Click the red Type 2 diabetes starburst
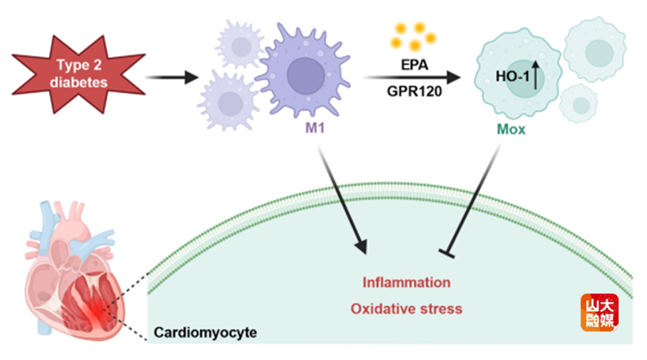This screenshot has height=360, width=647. (x=78, y=74)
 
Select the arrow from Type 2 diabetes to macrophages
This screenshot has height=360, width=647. (x=172, y=77)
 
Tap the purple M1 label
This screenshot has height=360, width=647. (x=315, y=128)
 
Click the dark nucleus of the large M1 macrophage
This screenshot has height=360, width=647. (x=306, y=76)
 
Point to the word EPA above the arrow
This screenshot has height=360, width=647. (x=414, y=64)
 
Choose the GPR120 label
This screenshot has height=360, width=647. (x=414, y=92)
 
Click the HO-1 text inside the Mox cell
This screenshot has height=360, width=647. (x=512, y=76)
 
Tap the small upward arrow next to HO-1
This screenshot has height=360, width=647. (x=535, y=75)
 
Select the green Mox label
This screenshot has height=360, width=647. (x=511, y=129)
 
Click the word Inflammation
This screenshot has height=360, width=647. (x=406, y=282)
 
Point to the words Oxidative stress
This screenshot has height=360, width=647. (x=406, y=309)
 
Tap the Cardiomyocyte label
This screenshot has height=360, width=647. (x=205, y=332)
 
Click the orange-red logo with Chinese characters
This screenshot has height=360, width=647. (x=599, y=312)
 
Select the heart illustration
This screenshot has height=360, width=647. (x=74, y=272)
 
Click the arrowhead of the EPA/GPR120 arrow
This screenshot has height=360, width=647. (x=454, y=77)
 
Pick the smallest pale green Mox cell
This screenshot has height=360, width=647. (x=578, y=104)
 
